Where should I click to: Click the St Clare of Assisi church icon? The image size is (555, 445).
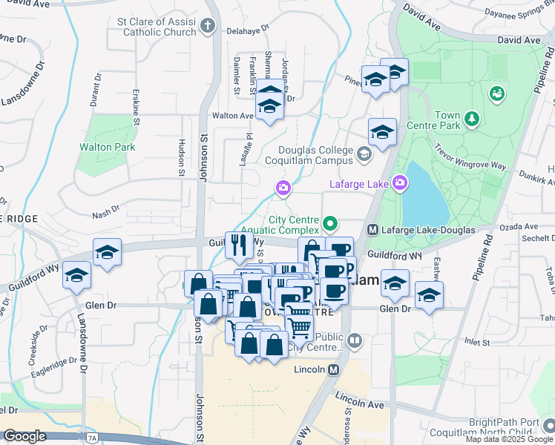pyautogui.click(x=208, y=27)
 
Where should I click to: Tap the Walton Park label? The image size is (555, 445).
pyautogui.click(x=108, y=147)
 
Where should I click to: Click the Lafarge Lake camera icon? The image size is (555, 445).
pyautogui.click(x=401, y=182)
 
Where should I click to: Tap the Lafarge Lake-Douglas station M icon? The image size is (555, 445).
pyautogui.click(x=373, y=230)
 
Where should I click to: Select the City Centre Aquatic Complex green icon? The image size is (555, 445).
pyautogui.click(x=330, y=221)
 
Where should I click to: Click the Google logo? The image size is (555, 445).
pyautogui.click(x=24, y=436)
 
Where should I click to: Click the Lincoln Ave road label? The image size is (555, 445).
pyautogui.click(x=359, y=401)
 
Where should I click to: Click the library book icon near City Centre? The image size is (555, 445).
pyautogui.click(x=355, y=342)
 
